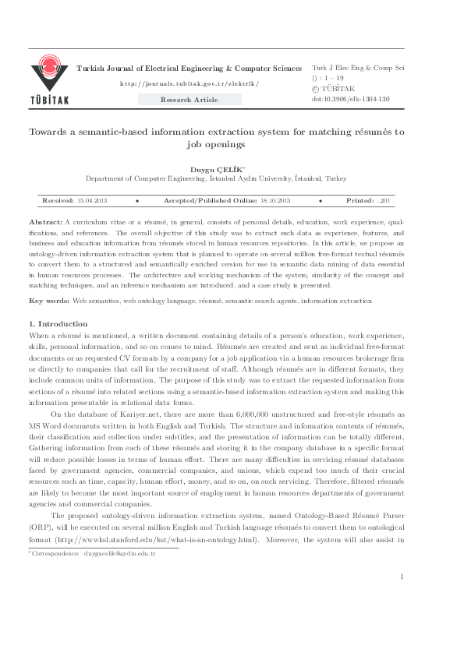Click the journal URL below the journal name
(189, 83)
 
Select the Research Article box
(189, 100)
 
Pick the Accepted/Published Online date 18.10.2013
(275, 200)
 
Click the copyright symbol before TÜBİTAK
(316, 90)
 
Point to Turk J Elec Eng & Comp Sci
(358, 69)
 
